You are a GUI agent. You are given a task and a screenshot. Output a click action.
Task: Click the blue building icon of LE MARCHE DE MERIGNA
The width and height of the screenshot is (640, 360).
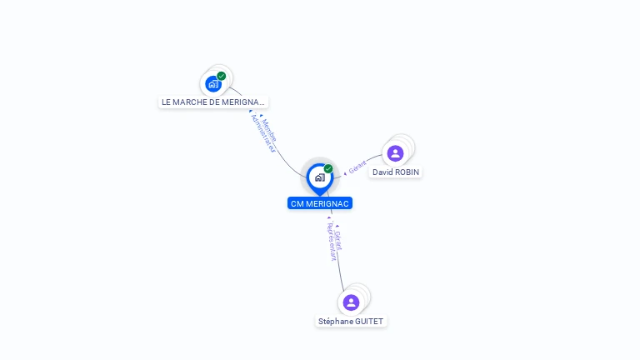click(213, 84)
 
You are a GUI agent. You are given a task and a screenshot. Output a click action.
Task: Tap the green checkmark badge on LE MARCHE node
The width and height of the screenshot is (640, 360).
click(221, 76)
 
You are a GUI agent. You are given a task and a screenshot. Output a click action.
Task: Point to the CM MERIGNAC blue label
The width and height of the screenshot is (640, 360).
click(320, 203)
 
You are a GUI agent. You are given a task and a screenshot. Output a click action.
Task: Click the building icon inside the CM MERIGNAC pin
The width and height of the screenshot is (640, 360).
click(320, 177)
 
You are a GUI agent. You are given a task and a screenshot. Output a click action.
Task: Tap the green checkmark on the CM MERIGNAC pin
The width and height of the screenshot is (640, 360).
click(328, 168)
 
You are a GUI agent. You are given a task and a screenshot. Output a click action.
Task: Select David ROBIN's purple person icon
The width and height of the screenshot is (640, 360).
click(395, 153)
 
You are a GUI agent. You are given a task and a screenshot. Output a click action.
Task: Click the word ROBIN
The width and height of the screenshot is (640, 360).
click(407, 172)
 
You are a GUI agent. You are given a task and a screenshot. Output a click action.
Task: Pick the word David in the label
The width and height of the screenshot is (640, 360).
click(382, 172)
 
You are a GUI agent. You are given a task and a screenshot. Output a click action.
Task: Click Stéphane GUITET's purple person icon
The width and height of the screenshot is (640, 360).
click(351, 302)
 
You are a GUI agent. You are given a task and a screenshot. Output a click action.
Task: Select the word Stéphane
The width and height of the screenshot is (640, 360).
click(335, 322)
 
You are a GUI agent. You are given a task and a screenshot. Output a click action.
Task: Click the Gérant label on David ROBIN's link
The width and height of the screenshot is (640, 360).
click(357, 167)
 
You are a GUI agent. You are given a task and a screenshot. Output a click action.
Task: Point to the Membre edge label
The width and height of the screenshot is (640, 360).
click(269, 130)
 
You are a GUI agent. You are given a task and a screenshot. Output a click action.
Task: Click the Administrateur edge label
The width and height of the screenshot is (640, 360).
click(262, 133)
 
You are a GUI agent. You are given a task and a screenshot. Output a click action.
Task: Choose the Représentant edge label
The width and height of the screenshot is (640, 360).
click(332, 242)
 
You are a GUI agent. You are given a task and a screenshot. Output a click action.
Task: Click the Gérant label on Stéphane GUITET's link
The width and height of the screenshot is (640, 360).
click(338, 241)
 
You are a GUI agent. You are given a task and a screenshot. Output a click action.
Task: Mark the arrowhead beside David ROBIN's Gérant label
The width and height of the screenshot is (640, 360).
click(345, 174)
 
